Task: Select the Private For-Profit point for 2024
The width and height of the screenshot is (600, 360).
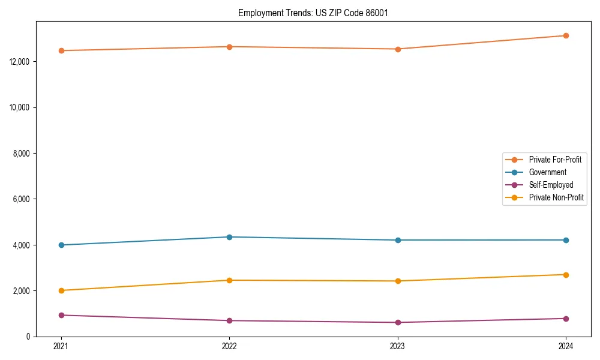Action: (566, 35)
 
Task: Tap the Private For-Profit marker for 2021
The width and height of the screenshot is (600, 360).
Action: (61, 50)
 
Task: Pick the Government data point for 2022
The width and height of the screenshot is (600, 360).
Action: (229, 237)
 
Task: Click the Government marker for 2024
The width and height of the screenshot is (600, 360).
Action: (566, 240)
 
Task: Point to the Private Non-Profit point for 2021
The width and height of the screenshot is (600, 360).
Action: (61, 290)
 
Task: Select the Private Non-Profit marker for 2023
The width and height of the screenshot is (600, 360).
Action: (398, 281)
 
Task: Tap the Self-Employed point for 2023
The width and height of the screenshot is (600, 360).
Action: (398, 322)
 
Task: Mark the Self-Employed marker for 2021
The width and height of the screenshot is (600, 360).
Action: (61, 315)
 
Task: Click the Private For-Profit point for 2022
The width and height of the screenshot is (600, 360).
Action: (229, 47)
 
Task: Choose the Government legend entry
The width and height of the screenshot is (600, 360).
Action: (547, 172)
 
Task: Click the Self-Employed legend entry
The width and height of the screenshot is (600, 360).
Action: (551, 185)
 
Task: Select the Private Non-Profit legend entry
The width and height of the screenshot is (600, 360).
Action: (556, 197)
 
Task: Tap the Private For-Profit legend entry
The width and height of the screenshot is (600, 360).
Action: (555, 160)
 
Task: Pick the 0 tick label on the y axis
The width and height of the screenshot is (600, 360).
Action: (28, 337)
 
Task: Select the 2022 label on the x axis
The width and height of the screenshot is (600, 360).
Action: (229, 346)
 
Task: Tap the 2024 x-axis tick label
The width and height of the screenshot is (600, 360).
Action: (566, 346)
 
